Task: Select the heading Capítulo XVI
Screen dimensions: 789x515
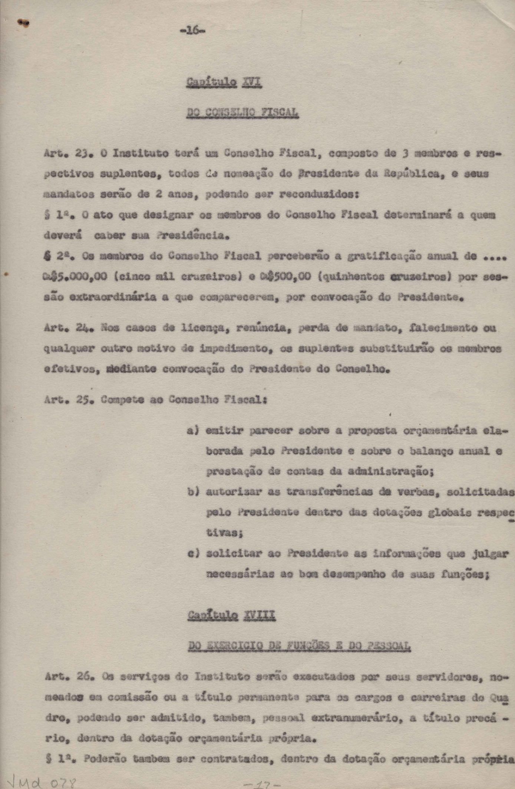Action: coord(224,82)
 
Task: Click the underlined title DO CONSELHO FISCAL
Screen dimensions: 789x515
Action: coord(242,113)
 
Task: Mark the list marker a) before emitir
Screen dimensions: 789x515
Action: coord(193,431)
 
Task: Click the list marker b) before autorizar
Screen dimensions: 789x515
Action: coord(193,492)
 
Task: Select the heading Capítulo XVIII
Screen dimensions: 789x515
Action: coord(231,616)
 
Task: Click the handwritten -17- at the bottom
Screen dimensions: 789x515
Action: coord(263,784)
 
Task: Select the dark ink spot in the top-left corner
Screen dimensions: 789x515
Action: coord(24,23)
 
